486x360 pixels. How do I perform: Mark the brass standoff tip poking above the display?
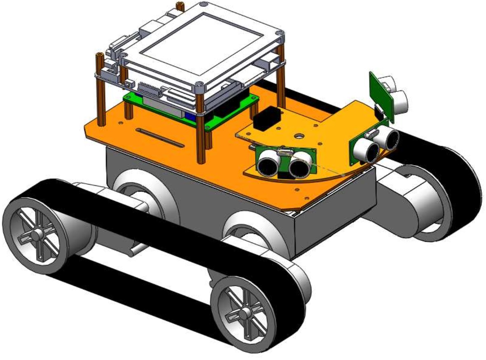tap(180, 6)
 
